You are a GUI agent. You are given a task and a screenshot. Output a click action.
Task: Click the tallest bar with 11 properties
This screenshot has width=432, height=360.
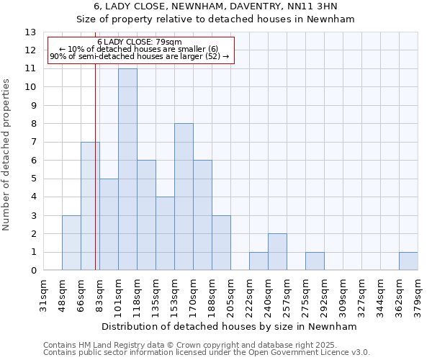tap(127, 169)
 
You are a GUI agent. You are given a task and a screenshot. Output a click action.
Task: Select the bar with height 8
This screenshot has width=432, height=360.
tap(184, 197)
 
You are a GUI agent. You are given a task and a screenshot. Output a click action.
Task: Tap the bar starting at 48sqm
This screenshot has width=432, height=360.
tap(71, 243)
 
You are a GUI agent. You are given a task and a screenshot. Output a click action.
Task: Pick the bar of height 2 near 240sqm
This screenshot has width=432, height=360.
tap(277, 252)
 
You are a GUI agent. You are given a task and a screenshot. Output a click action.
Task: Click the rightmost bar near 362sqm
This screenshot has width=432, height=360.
tap(408, 261)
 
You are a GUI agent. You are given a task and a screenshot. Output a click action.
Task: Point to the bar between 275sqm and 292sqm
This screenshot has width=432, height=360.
tap(315, 261)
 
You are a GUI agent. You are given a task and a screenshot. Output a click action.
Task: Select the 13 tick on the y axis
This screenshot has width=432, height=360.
tap(30, 32)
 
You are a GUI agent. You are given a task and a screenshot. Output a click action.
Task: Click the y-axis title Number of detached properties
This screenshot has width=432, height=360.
tap(7, 155)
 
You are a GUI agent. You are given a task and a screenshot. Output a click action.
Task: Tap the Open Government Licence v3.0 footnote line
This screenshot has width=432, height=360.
tap(207, 352)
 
